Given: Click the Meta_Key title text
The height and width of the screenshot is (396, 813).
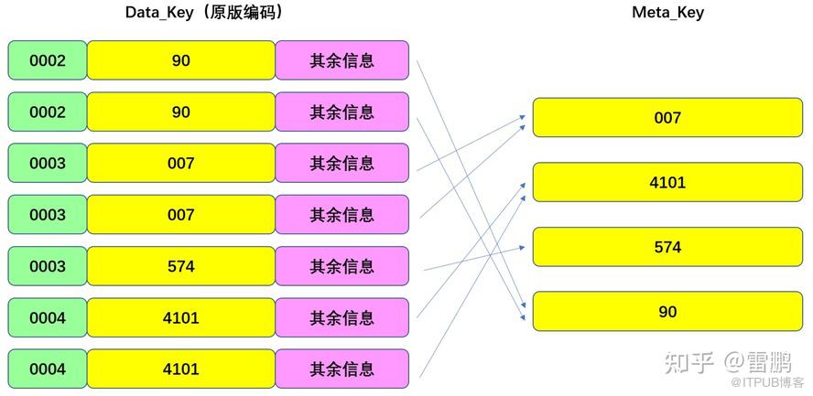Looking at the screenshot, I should tap(667, 13).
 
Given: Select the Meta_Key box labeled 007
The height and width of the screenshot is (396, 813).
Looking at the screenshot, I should tap(667, 118).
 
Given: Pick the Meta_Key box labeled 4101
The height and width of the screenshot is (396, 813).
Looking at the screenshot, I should tap(667, 182).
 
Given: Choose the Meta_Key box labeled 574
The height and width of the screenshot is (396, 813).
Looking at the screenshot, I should tap(667, 247).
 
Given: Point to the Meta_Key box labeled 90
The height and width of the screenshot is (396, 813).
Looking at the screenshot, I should tap(667, 311).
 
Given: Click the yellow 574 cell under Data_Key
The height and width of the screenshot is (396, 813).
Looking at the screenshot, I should tap(181, 266).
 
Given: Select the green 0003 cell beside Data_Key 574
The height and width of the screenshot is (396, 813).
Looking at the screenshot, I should tap(48, 266).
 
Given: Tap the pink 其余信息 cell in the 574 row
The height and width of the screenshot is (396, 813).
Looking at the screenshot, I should tap(341, 266).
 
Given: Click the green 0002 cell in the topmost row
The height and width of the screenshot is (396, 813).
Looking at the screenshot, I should tap(48, 60).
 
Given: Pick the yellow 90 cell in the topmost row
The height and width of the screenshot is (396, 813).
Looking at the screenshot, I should tap(181, 60).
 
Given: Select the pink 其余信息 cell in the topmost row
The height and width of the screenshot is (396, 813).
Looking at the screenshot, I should tap(341, 60).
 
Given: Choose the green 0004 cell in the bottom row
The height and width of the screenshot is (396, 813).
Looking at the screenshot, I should tap(48, 369).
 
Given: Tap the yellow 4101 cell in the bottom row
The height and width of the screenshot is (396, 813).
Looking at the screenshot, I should tap(181, 369).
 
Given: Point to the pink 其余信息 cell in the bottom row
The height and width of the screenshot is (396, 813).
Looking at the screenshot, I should tap(341, 369).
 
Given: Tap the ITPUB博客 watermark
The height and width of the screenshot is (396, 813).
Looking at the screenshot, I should tap(775, 381).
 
